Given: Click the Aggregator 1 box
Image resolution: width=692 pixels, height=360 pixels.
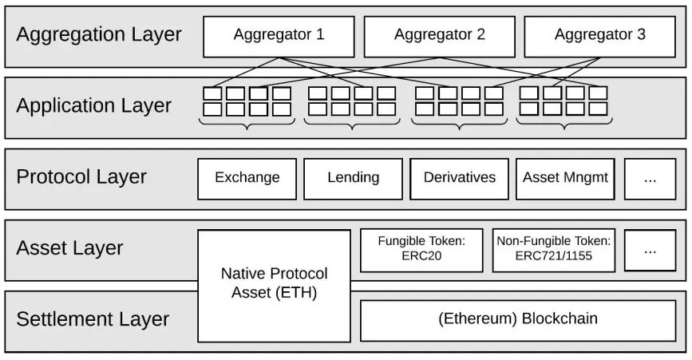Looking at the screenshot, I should pos(279,36).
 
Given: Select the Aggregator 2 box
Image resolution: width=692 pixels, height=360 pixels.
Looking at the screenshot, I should pos(439,36).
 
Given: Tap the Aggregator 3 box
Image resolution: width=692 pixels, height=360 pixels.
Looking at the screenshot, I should pos(599,36).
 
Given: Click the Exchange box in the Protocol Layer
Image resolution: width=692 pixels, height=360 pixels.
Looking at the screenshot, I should pos(247,178).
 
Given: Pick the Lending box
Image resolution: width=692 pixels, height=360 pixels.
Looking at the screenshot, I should pos(353,178).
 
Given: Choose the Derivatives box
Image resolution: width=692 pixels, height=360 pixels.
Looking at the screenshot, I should pos(459,178).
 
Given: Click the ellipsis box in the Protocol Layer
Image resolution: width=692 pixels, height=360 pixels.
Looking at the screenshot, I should pos(649,178).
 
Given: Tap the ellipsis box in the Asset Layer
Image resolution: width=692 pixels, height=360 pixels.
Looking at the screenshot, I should pos(649,250).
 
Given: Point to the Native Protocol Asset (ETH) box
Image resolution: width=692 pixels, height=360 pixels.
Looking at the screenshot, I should pos(274,284).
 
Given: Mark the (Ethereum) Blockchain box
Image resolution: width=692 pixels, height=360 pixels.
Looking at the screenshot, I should pos(517,319).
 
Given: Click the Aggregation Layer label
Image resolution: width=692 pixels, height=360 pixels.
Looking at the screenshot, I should pos(99,35).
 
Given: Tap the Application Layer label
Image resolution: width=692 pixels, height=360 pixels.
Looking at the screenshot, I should pos(94,106).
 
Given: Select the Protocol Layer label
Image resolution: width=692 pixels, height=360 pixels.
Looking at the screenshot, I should pos(81,177).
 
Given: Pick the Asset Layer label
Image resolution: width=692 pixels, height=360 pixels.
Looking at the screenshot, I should pos(69,248).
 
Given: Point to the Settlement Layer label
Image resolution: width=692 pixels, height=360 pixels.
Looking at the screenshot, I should pos(93,319).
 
